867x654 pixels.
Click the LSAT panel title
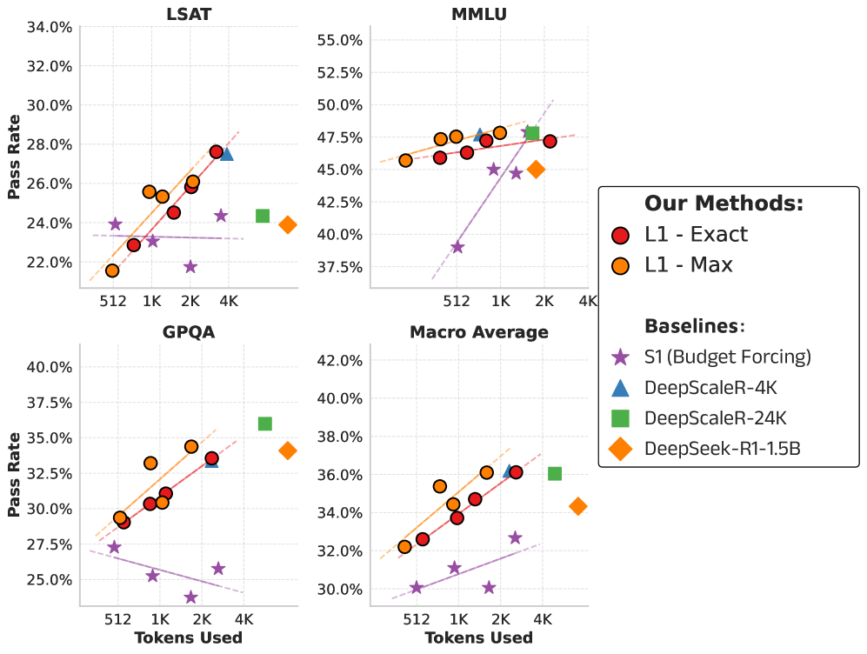click(x=188, y=13)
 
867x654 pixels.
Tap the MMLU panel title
click(x=479, y=13)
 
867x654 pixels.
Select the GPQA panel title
click(x=188, y=331)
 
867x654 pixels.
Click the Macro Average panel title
click(x=479, y=331)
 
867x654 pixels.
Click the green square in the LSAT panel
click(x=263, y=216)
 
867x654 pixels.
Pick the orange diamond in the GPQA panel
click(x=288, y=450)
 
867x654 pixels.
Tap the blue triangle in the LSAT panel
click(x=226, y=154)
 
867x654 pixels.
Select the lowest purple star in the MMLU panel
click(x=457, y=247)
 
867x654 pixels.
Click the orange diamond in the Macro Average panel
click(x=578, y=506)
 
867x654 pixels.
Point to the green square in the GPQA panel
click(x=265, y=424)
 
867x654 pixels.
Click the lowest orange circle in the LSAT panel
click(x=112, y=270)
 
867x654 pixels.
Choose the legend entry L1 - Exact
click(x=696, y=235)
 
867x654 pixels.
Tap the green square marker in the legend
click(x=621, y=418)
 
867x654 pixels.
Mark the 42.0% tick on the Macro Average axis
click(x=339, y=360)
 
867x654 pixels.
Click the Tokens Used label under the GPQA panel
click(x=188, y=637)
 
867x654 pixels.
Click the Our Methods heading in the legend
click(x=724, y=204)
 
